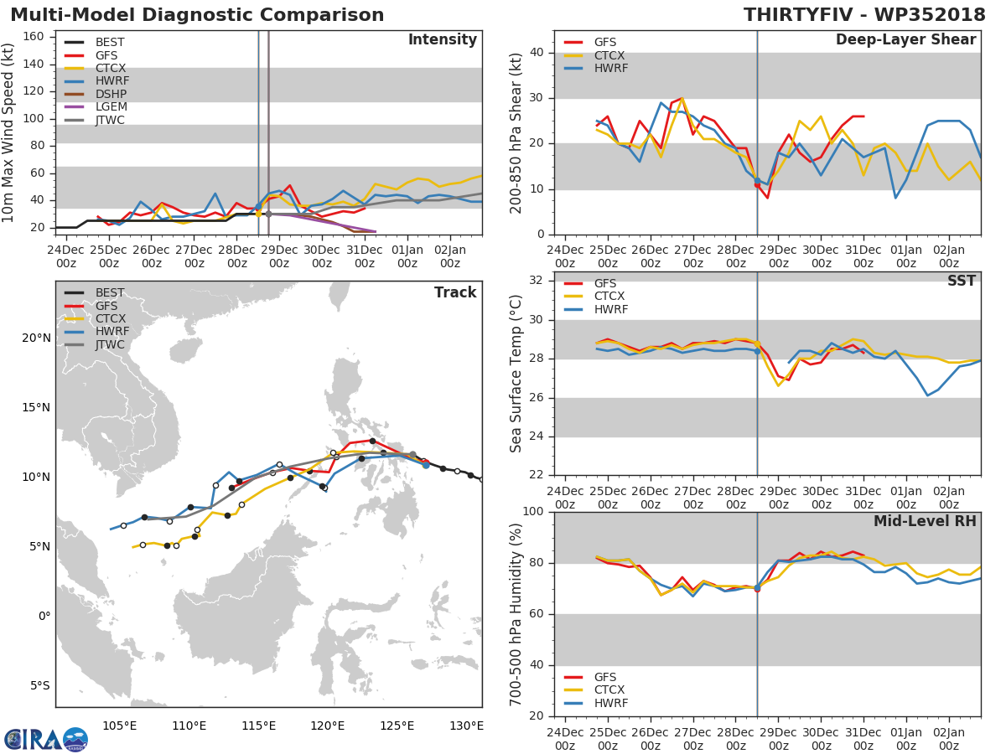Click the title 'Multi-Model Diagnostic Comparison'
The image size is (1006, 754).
[x=197, y=15]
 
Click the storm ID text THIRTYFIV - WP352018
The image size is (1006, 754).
[x=866, y=15]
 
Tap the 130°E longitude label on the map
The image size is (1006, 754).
[x=467, y=726]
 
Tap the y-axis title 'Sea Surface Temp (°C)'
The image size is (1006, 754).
[x=517, y=373]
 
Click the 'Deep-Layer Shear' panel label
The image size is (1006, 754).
[x=905, y=40]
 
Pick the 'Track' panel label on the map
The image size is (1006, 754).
[x=454, y=292]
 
